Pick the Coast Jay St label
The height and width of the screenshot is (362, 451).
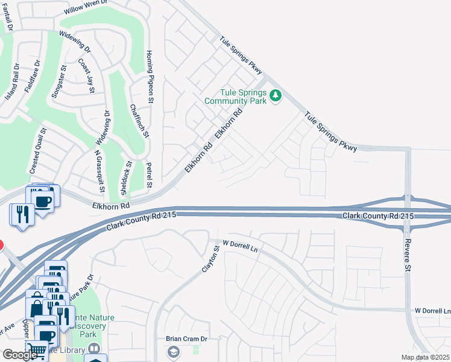click(86, 75)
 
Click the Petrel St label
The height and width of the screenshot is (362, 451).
click(150, 174)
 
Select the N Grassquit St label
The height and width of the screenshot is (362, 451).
click(99, 172)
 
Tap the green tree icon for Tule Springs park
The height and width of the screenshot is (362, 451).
click(276, 95)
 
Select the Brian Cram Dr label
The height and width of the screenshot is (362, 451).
click(186, 338)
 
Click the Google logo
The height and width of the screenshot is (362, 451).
click(20, 355)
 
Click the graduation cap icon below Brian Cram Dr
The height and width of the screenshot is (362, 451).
click(173, 352)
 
